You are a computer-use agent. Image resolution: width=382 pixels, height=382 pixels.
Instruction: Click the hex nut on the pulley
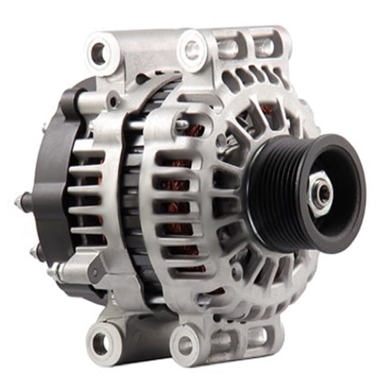[x=321, y=194]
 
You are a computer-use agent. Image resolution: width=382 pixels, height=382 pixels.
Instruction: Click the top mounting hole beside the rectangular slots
[x=193, y=48]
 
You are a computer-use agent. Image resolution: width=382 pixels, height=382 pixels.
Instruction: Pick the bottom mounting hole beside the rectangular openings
[x=186, y=345]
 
